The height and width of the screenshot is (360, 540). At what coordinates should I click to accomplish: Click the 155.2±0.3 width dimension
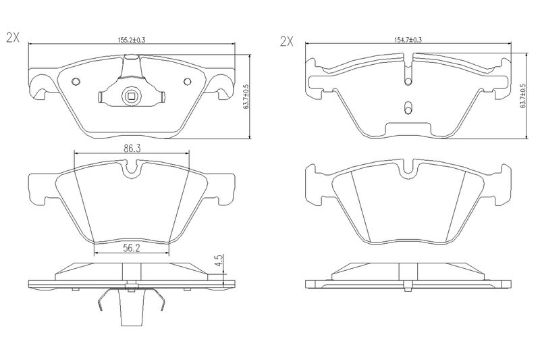point(131,40)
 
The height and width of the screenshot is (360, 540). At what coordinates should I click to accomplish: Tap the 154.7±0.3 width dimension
point(408,40)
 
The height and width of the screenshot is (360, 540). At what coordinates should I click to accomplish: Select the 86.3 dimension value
point(132,149)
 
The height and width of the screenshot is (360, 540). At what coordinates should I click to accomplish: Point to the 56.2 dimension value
point(131,248)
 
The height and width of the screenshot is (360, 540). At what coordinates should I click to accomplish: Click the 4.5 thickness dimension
point(219,261)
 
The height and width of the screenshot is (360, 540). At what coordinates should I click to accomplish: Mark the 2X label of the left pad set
point(13,38)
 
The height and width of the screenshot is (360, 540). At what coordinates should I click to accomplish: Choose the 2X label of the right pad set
point(286,42)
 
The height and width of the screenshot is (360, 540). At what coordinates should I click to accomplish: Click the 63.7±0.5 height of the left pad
point(246,97)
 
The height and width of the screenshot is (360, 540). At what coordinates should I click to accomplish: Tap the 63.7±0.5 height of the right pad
point(522,96)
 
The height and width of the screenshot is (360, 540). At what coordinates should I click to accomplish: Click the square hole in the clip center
point(131,95)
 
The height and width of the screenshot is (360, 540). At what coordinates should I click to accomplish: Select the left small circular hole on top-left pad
point(76,81)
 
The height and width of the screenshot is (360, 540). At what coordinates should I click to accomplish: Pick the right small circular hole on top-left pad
point(187,81)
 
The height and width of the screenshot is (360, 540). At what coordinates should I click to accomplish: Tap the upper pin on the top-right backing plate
point(408,81)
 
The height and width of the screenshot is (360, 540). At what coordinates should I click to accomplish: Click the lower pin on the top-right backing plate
point(408,107)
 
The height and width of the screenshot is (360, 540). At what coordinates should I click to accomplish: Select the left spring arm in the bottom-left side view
point(104,299)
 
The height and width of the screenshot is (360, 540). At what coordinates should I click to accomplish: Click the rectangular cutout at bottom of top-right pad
point(408,130)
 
